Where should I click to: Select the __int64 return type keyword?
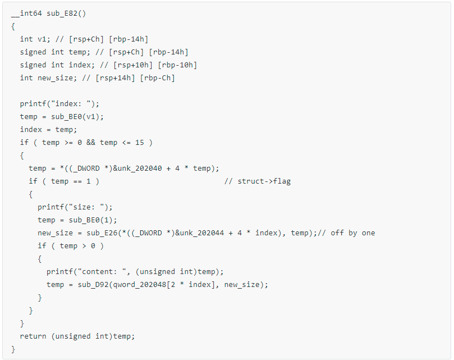(26, 13)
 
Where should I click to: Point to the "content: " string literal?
(102, 272)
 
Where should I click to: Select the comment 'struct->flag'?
(264, 181)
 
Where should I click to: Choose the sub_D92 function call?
(93, 285)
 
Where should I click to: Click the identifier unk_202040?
(140, 168)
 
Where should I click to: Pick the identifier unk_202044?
(202, 233)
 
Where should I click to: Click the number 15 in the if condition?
(140, 143)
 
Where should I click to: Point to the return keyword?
(33, 336)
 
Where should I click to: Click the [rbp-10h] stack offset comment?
(177, 65)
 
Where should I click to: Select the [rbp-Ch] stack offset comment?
(158, 78)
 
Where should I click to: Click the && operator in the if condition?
(90, 143)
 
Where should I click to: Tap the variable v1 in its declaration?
(42, 39)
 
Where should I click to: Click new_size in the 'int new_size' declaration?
(56, 78)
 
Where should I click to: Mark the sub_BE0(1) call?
(93, 220)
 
